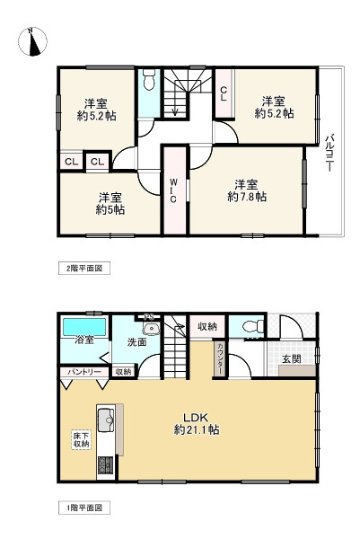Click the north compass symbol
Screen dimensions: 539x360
point(34,41)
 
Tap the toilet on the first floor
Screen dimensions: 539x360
point(254,327)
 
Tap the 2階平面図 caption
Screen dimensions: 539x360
point(80,268)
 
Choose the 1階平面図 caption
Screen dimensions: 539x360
point(80,507)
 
